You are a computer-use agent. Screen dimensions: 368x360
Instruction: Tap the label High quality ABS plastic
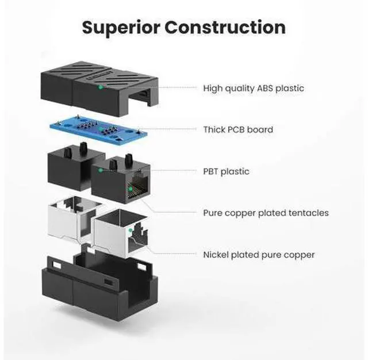254,88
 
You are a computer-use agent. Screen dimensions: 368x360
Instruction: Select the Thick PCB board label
238,129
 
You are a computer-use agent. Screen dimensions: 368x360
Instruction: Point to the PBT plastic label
227,171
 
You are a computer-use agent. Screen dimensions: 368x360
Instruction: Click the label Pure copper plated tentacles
266,213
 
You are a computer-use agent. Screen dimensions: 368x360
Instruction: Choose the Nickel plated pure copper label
259,254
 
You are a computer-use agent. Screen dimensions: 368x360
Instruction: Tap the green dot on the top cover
101,88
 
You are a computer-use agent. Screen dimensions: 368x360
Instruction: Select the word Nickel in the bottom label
216,254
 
